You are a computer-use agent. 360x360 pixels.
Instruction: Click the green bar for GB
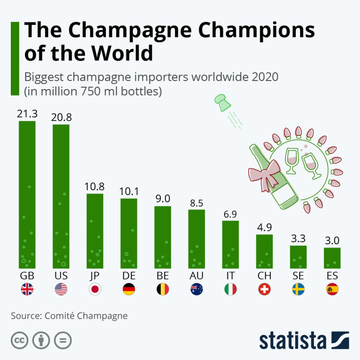coord(27,195)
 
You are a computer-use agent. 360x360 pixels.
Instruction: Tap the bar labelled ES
coord(332,257)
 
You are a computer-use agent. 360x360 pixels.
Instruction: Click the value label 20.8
coord(61,117)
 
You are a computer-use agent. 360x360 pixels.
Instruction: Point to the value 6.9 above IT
coord(230,214)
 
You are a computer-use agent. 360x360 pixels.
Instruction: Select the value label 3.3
coord(298,239)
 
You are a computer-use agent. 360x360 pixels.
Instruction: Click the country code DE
coord(129,275)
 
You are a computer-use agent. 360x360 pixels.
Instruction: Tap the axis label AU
coord(196,275)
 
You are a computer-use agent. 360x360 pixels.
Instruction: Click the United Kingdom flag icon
coord(27,289)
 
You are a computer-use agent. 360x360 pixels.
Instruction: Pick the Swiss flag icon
coord(264,289)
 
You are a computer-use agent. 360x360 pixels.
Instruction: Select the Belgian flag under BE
coord(163,289)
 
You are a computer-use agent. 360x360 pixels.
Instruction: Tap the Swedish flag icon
coord(298,289)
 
